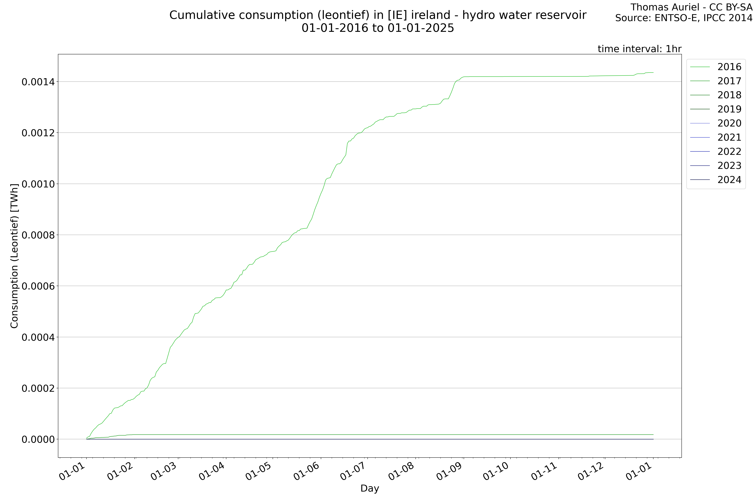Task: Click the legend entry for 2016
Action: [x=729, y=67]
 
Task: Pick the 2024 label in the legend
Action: [x=729, y=180]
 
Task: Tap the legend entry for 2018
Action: [x=729, y=95]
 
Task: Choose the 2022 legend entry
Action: [x=729, y=151]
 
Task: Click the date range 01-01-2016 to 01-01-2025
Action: [x=378, y=28]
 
